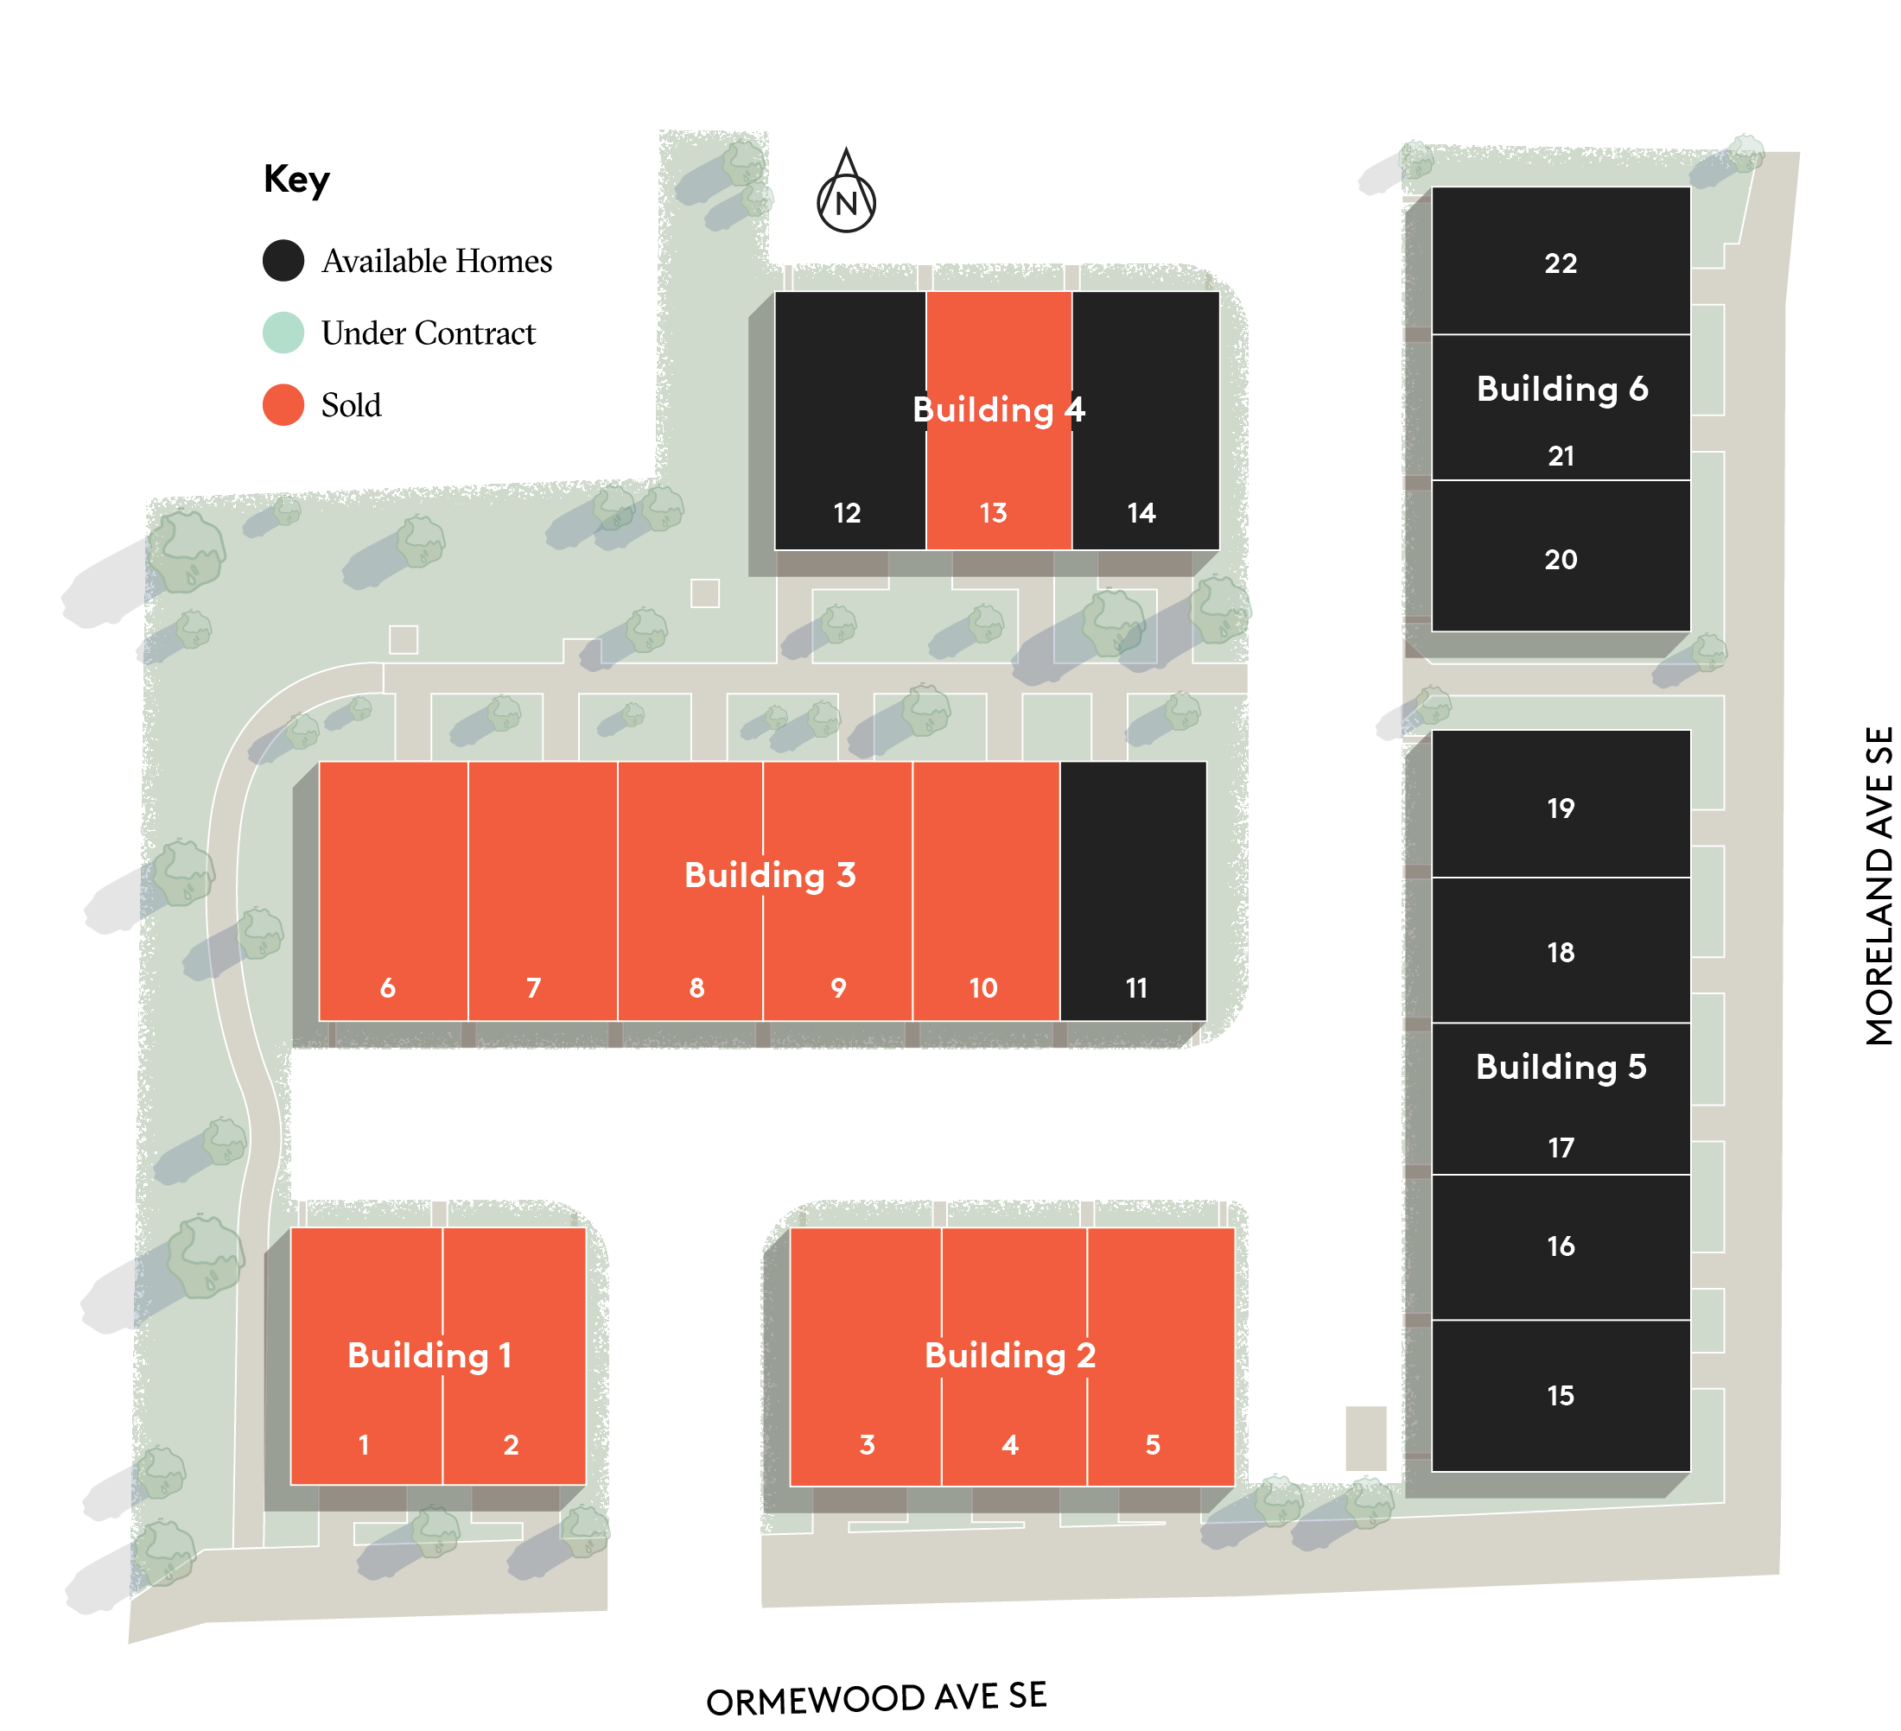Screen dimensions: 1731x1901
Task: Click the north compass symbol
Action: [x=846, y=194]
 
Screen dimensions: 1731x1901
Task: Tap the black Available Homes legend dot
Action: [x=283, y=260]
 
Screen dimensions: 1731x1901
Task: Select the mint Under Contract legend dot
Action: [x=283, y=333]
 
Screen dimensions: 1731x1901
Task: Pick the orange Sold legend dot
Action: [x=283, y=404]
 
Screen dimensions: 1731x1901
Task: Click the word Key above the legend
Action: [x=296, y=178]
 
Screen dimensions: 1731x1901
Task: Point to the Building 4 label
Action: [x=999, y=409]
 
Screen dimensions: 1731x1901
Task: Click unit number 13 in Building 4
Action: [x=993, y=513]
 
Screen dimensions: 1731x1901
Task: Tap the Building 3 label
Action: [x=769, y=875]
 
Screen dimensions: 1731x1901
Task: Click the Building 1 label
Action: [x=429, y=1354]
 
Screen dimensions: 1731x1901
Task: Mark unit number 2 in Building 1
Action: [x=511, y=1444]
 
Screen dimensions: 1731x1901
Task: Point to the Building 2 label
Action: [x=1010, y=1354]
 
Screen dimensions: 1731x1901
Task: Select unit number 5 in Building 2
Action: [x=1153, y=1444]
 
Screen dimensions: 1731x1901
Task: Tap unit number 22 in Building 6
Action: [x=1561, y=263]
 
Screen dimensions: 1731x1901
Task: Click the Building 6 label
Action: [x=1561, y=389]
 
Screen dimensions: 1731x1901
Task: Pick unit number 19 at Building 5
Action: [x=1561, y=808]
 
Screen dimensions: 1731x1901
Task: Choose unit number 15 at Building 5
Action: [x=1561, y=1395]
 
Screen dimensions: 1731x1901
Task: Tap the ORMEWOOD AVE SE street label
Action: [x=876, y=1698]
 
